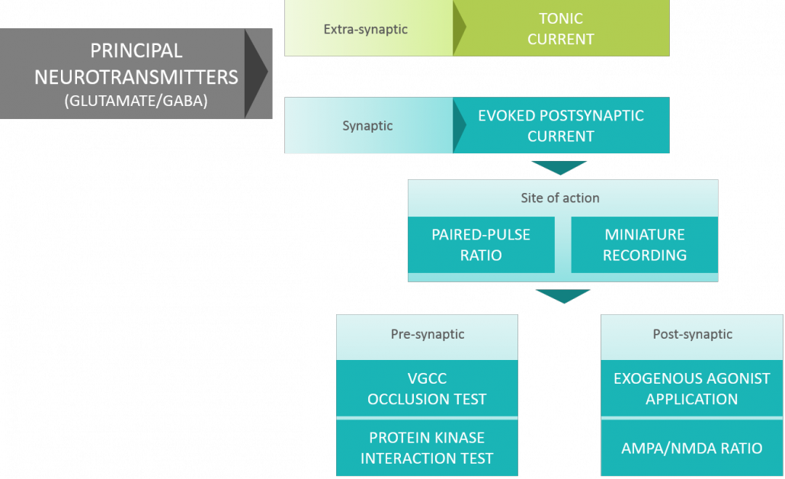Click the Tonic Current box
tap(561, 28)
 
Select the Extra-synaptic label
tap(366, 29)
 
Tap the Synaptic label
tap(367, 125)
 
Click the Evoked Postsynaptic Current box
tap(561, 126)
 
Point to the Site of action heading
tap(560, 198)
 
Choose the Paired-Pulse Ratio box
tap(481, 245)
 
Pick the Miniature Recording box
tap(645, 245)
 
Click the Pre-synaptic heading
tap(428, 334)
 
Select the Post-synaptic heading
tap(693, 334)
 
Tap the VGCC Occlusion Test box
tap(427, 388)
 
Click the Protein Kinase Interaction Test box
tap(427, 448)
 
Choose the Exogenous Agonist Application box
tap(692, 388)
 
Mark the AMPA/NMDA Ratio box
tap(692, 448)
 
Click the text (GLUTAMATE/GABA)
tap(136, 100)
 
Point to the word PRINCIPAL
tap(136, 51)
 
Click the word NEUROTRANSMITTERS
tap(136, 76)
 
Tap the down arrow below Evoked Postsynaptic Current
tap(559, 167)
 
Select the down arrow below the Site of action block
tap(562, 295)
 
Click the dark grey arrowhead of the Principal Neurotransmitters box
tap(256, 73)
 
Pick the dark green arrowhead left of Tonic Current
tap(459, 28)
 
